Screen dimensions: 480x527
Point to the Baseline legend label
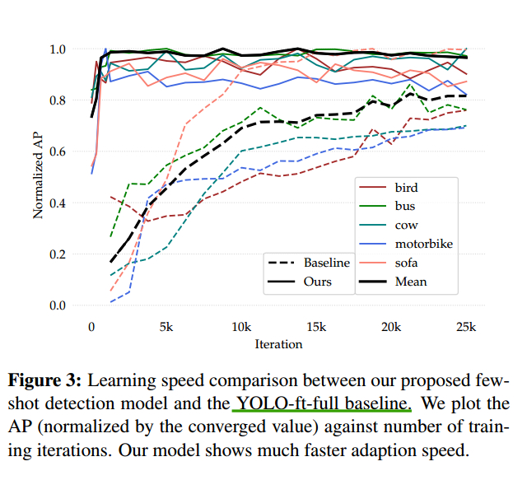(x=326, y=263)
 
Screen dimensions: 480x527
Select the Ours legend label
(x=317, y=282)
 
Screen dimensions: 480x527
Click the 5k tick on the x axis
(x=166, y=327)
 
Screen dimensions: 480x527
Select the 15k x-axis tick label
(x=316, y=327)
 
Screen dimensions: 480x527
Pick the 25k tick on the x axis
(x=466, y=327)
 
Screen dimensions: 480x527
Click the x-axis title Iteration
(x=278, y=343)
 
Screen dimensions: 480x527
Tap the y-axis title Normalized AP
(x=39, y=177)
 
